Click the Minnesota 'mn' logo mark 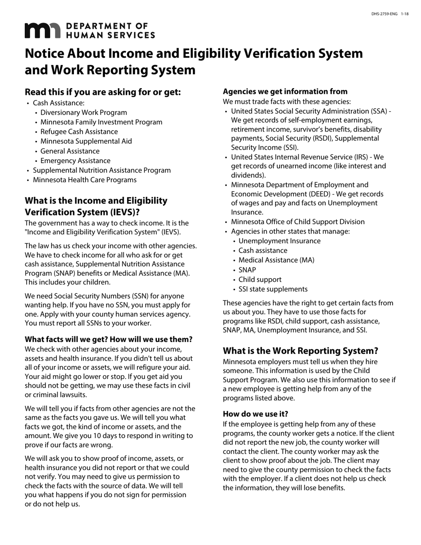pos(42,31)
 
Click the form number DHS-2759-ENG pos(384,15)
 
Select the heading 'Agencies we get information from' pos(285,92)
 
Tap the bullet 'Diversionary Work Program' pos(83,113)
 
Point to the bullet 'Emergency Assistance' pos(75,161)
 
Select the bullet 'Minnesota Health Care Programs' pos(85,180)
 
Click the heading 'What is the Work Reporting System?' pos(300,351)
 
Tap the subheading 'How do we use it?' pos(255,414)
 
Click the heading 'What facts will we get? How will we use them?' pos(109,339)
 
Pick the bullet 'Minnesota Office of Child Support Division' pos(298,222)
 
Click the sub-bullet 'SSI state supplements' pos(273,289)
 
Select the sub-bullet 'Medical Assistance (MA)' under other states pos(277,260)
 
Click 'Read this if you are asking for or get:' pos(103,92)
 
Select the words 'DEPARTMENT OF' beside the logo pos(106,27)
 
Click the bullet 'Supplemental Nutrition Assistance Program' pos(102,170)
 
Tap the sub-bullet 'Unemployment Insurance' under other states pos(280,241)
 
